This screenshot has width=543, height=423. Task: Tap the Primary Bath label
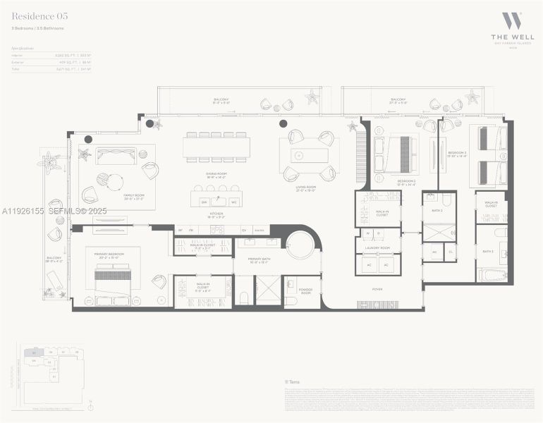pyautogui.click(x=258, y=260)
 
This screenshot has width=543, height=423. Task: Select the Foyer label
pyautogui.click(x=377, y=289)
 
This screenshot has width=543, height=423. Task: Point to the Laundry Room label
pyautogui.click(x=377, y=247)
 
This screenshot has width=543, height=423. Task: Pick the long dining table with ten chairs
pyautogui.click(x=216, y=147)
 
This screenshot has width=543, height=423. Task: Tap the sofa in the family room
pyautogui.click(x=116, y=157)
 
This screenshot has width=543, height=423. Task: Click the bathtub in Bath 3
pyautogui.click(x=492, y=274)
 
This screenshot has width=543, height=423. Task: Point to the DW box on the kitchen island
pyautogui.click(x=204, y=202)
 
